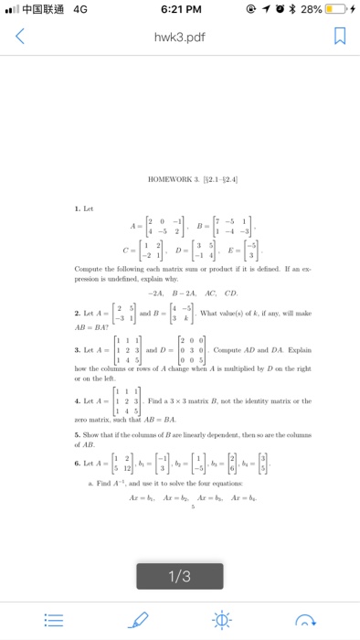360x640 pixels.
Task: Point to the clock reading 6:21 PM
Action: coord(179,10)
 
